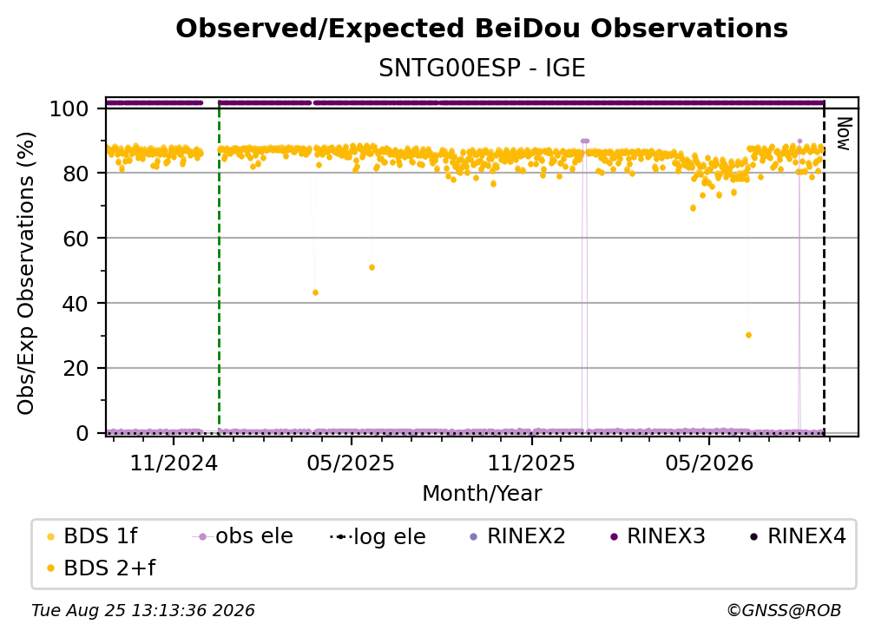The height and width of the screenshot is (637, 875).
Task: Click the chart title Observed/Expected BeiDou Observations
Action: click(x=482, y=29)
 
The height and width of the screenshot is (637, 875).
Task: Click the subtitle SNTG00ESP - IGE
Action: click(x=482, y=69)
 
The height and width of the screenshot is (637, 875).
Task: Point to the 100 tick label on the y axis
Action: click(x=69, y=108)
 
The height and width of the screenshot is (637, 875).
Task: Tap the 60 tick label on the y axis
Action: click(x=76, y=239)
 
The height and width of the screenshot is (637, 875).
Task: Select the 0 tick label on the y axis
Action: click(x=82, y=433)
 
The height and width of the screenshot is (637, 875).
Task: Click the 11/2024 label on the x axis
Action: click(x=174, y=463)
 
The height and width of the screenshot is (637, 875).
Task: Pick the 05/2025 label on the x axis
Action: click(x=351, y=463)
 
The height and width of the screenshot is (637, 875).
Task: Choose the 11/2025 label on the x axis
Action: click(x=531, y=463)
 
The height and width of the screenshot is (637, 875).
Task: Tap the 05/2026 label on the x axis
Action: click(x=708, y=463)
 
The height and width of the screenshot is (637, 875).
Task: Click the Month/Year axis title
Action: click(x=482, y=494)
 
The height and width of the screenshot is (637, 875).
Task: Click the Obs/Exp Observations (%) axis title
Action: click(x=26, y=273)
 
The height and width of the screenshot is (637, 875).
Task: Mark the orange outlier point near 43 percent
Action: click(x=315, y=292)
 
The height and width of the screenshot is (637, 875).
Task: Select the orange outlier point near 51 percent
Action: click(x=372, y=268)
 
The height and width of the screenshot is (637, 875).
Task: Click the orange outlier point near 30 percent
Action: click(x=748, y=335)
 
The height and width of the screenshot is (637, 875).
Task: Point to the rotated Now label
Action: click(x=844, y=134)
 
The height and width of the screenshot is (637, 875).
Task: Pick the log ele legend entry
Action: click(x=378, y=537)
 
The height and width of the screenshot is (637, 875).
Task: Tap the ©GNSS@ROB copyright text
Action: click(x=784, y=611)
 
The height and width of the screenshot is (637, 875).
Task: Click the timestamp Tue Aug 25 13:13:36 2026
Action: click(x=143, y=611)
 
